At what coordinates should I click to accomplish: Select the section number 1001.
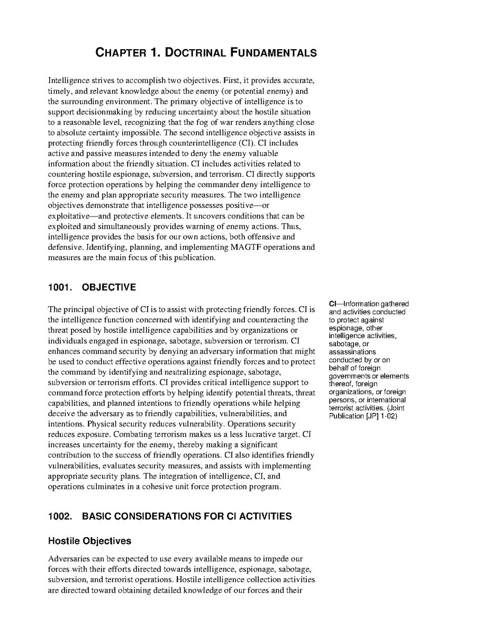pos(59,287)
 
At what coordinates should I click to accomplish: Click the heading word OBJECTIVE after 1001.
pos(109,287)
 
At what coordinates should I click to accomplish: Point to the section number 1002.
pos(59,516)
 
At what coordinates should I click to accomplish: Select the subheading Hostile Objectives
pos(89,541)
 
